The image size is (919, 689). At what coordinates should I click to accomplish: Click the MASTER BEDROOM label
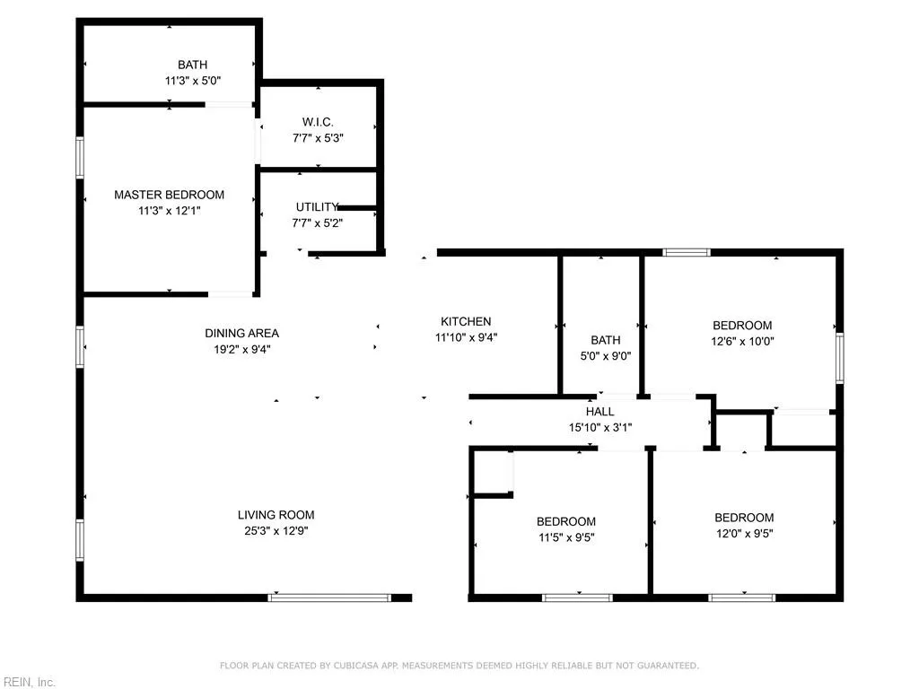click(x=169, y=195)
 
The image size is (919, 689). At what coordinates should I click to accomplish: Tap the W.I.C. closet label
click(x=318, y=122)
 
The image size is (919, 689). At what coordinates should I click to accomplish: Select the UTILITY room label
click(x=318, y=206)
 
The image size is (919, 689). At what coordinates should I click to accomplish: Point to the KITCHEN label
click(x=465, y=321)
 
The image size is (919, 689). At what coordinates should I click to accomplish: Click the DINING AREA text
click(x=241, y=334)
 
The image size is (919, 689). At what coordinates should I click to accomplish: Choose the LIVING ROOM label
click(x=276, y=515)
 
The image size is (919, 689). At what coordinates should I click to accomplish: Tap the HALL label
click(x=600, y=412)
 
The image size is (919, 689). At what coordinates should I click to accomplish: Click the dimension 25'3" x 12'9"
click(x=276, y=531)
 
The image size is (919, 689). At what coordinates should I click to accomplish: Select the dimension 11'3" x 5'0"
click(x=192, y=81)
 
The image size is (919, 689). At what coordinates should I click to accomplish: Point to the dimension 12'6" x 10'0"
click(x=742, y=341)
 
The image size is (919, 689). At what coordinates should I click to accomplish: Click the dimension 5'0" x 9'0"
click(x=605, y=355)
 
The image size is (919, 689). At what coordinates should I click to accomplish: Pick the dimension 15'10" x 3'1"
click(x=600, y=427)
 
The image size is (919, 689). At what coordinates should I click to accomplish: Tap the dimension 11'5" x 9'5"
click(x=565, y=537)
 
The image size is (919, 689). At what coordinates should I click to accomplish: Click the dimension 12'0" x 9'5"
click(x=743, y=534)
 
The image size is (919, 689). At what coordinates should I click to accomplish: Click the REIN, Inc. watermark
click(x=29, y=682)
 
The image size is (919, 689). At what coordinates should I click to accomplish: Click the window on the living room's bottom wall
click(x=329, y=597)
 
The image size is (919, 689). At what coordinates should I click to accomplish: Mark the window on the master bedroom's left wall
click(x=80, y=156)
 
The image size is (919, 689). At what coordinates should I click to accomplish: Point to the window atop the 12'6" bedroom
click(x=687, y=252)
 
